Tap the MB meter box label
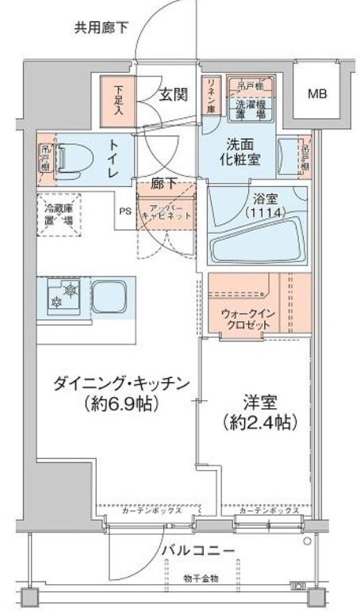tap(316, 94)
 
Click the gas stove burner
tap(61, 296)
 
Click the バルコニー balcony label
tap(198, 549)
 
